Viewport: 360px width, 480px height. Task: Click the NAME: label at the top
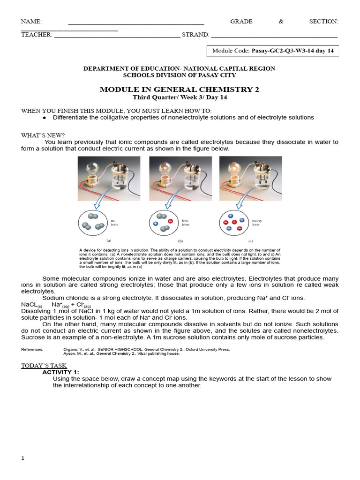point(31,22)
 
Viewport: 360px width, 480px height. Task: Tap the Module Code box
point(273,51)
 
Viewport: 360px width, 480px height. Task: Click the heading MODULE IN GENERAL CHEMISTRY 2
point(179,90)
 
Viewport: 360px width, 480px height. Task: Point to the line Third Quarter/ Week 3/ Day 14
point(179,97)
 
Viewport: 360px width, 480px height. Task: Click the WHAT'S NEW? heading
point(43,135)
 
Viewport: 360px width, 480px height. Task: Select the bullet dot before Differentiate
point(45,118)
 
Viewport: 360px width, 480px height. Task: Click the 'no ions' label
point(115,222)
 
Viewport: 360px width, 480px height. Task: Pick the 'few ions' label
point(186,222)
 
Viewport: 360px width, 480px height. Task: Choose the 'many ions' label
point(256,222)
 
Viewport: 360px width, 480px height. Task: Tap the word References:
point(32,349)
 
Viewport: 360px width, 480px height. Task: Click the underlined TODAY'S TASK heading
point(44,366)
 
